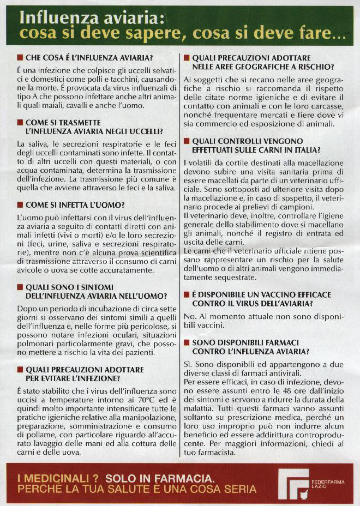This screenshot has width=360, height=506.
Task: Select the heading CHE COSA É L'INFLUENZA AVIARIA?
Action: (89, 57)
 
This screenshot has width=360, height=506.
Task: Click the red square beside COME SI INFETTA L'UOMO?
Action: (20, 206)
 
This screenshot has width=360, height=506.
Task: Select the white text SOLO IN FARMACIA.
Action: (160, 477)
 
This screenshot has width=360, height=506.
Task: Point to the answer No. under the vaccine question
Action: (189, 317)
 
